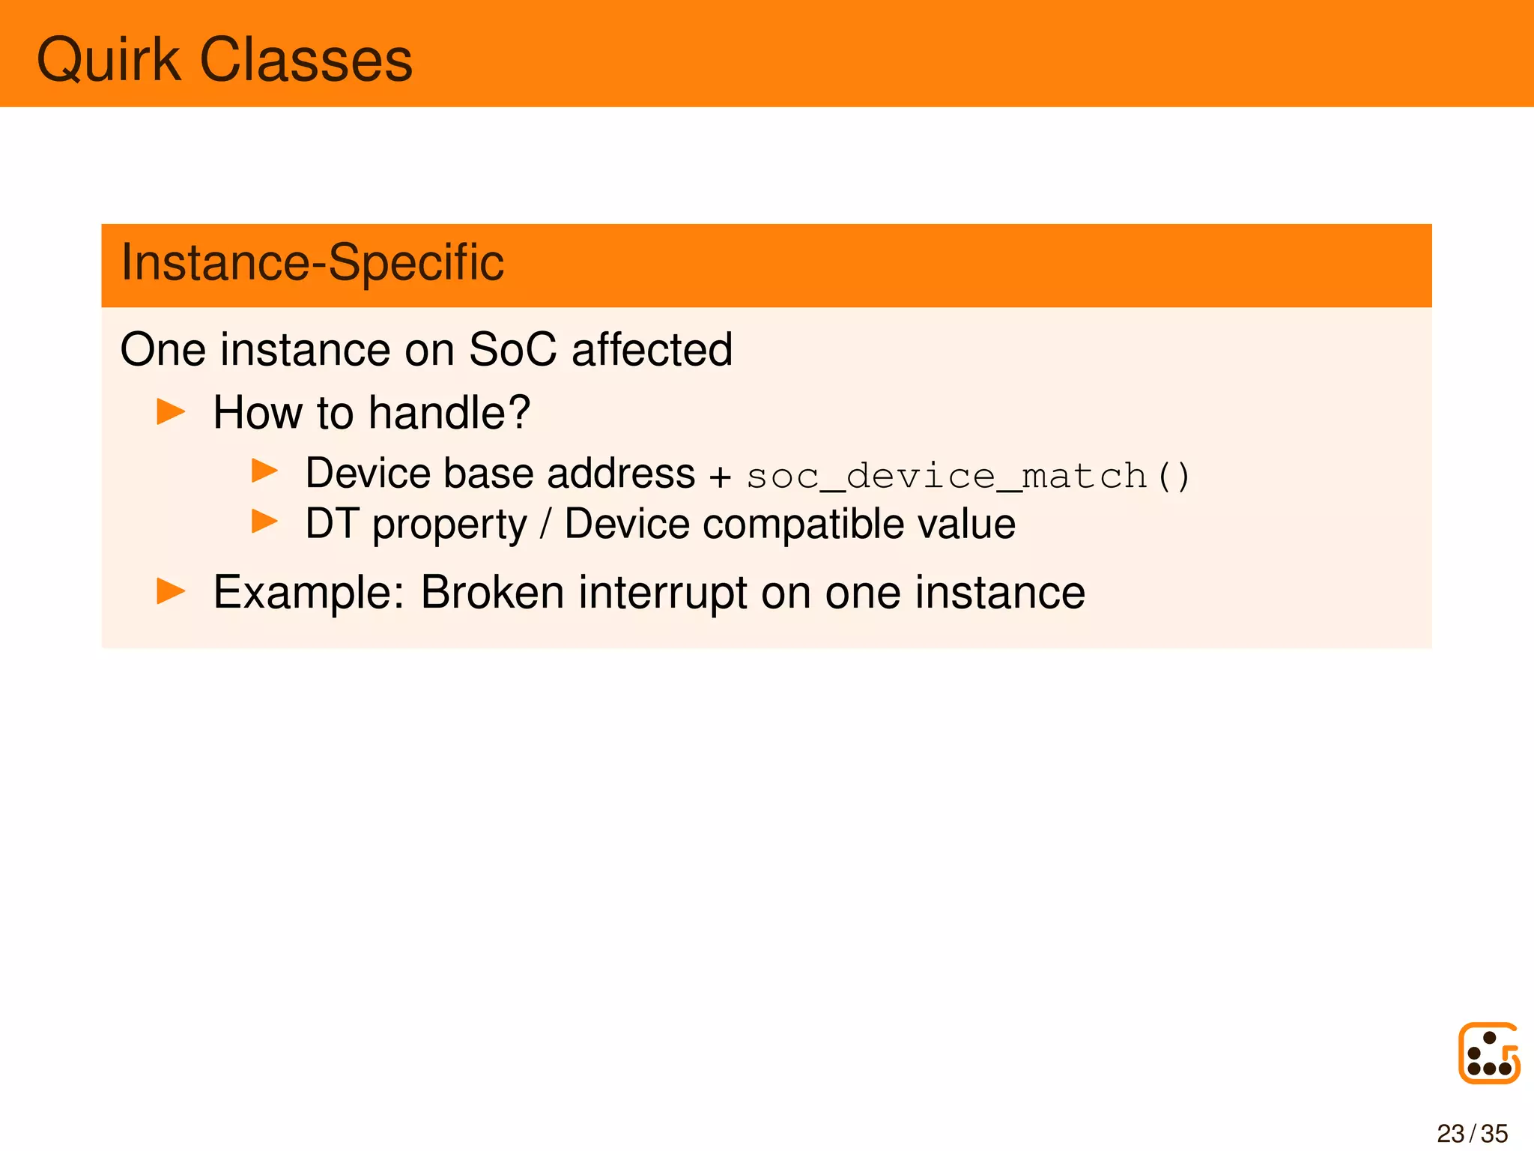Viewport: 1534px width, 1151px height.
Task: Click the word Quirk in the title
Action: pyautogui.click(x=109, y=60)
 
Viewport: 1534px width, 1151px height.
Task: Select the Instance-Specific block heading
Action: pyautogui.click(x=312, y=263)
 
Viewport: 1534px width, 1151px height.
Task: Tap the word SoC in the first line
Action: pyautogui.click(x=512, y=350)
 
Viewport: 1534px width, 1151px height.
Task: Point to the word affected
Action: pyautogui.click(x=652, y=350)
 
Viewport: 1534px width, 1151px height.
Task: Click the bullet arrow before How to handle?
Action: pyautogui.click(x=171, y=411)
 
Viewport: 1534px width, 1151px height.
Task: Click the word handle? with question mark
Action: pyautogui.click(x=449, y=413)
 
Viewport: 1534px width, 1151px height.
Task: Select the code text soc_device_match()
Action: pyautogui.click(x=968, y=477)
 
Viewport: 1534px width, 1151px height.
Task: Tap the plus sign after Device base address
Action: pyautogui.click(x=720, y=477)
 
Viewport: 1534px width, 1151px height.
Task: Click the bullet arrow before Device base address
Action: pyautogui.click(x=264, y=471)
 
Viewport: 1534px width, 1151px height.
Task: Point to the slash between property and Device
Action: pyautogui.click(x=545, y=523)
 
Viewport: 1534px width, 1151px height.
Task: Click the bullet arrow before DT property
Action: pyautogui.click(x=264, y=521)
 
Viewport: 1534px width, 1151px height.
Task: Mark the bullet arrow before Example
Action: pyautogui.click(x=171, y=590)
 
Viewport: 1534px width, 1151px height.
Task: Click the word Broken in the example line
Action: pyautogui.click(x=492, y=592)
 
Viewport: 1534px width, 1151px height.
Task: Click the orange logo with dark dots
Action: pyautogui.click(x=1488, y=1053)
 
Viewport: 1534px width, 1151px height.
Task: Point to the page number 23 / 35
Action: pyautogui.click(x=1472, y=1133)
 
